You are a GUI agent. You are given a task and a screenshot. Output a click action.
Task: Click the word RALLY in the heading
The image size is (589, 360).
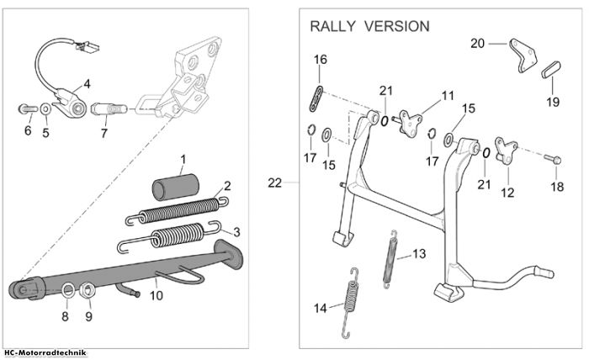click(x=332, y=26)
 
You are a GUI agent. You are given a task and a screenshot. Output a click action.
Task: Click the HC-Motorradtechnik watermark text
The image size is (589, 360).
click(x=45, y=353)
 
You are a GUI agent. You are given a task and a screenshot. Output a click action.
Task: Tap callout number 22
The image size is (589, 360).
click(x=274, y=183)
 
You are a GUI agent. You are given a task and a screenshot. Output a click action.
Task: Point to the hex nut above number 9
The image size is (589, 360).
click(x=88, y=290)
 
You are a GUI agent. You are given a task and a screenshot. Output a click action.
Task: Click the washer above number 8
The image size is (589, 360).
click(x=68, y=290)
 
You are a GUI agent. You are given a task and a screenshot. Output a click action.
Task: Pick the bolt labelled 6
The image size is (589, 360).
click(x=28, y=109)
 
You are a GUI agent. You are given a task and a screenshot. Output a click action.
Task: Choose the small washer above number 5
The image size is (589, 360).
click(x=45, y=109)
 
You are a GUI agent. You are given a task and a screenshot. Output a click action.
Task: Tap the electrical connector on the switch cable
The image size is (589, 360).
click(x=88, y=46)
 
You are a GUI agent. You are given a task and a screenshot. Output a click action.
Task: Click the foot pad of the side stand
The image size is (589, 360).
click(x=228, y=255)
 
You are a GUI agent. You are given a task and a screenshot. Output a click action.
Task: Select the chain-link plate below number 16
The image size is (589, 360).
click(x=316, y=98)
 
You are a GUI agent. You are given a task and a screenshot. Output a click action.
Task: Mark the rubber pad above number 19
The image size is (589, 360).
click(x=551, y=70)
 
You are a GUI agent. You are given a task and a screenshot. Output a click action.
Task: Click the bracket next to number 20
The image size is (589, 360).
click(x=523, y=55)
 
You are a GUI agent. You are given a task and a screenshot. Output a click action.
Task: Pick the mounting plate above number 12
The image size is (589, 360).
click(x=506, y=151)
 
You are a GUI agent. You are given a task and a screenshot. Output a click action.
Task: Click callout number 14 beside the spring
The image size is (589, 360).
click(x=321, y=309)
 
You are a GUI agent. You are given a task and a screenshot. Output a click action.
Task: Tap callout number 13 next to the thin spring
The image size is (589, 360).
click(x=419, y=254)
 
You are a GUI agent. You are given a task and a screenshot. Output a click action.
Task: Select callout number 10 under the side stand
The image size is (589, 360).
click(x=157, y=295)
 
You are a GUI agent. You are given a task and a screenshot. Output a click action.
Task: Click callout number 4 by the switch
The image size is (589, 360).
click(x=87, y=84)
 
